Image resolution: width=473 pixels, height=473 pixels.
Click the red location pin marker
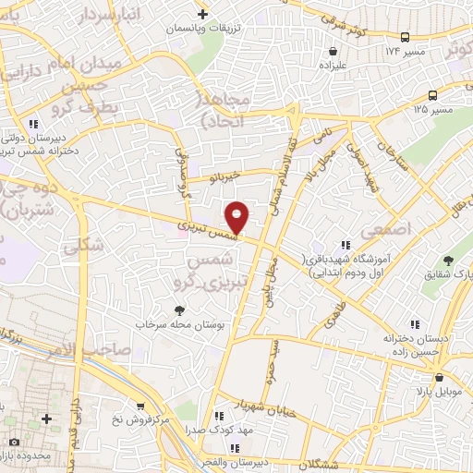(237, 216)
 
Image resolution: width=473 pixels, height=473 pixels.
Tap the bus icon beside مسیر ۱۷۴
(405, 37)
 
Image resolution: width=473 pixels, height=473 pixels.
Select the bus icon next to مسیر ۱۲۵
(432, 95)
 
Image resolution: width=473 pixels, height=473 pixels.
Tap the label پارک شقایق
(444, 274)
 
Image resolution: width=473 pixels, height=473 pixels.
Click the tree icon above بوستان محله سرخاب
(179, 310)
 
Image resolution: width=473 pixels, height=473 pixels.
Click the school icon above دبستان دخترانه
(415, 324)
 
